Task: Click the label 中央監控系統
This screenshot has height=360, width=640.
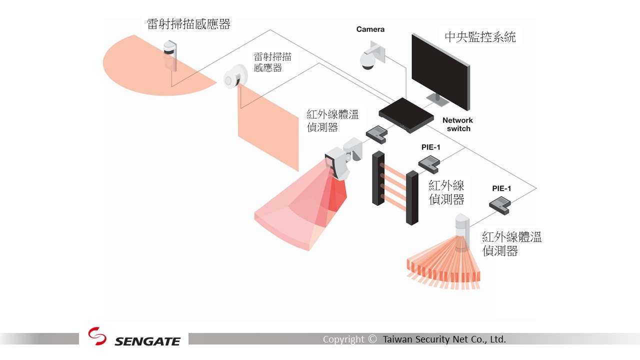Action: tap(480, 36)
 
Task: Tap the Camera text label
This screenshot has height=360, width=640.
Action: tap(370, 29)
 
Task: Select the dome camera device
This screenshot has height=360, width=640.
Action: tap(368, 59)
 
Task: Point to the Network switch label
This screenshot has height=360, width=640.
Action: tap(457, 124)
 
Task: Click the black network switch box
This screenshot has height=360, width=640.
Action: tap(405, 115)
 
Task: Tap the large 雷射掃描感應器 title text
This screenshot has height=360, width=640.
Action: tap(188, 24)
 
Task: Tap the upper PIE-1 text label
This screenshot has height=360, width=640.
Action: tap(431, 147)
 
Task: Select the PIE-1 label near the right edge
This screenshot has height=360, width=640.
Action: tap(501, 188)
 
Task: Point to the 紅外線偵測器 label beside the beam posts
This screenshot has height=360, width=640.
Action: tap(446, 192)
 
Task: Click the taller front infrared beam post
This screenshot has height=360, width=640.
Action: tap(412, 197)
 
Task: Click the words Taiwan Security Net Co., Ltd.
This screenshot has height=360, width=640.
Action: tap(444, 339)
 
